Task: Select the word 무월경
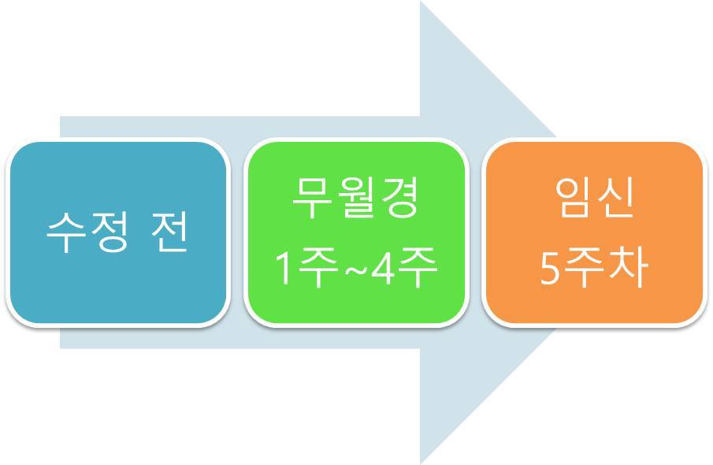tap(355, 201)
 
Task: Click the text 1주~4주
tap(355, 269)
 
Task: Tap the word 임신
tap(593, 201)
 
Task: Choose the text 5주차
tap(593, 269)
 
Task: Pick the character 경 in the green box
tap(399, 201)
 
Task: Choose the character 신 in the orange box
tap(615, 201)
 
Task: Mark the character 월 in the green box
tap(355, 201)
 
